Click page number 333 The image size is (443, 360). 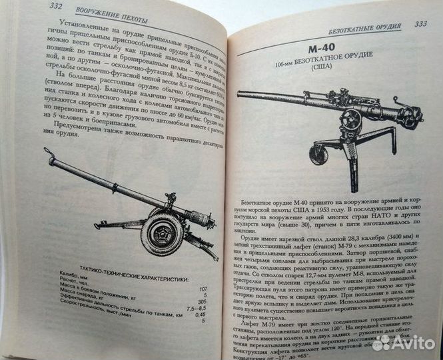click(x=420, y=24)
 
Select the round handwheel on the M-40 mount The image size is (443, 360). click(x=350, y=121)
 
